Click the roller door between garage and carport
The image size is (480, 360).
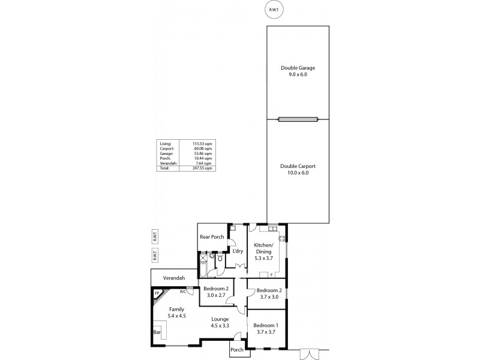[x=298, y=119]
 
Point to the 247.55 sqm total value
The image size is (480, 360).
[x=203, y=168]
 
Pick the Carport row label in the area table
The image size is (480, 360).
[x=166, y=148]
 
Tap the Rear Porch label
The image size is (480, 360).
[x=212, y=237]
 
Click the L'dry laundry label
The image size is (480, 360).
[x=238, y=251]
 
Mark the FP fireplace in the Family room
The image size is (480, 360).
[x=157, y=294]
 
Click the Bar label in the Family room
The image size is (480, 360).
[x=157, y=331]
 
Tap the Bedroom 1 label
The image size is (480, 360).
[x=265, y=328]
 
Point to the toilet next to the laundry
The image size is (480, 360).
[x=221, y=259]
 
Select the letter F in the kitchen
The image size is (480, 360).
[x=271, y=275]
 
